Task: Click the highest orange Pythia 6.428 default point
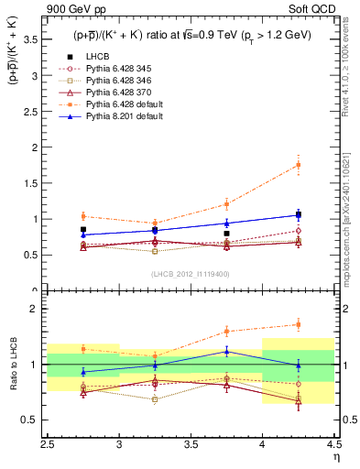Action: pos(298,165)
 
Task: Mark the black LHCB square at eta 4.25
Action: pos(298,214)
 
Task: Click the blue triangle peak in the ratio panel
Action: pos(226,351)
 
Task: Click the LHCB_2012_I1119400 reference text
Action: pos(191,273)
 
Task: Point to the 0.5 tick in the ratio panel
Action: pos(34,420)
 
